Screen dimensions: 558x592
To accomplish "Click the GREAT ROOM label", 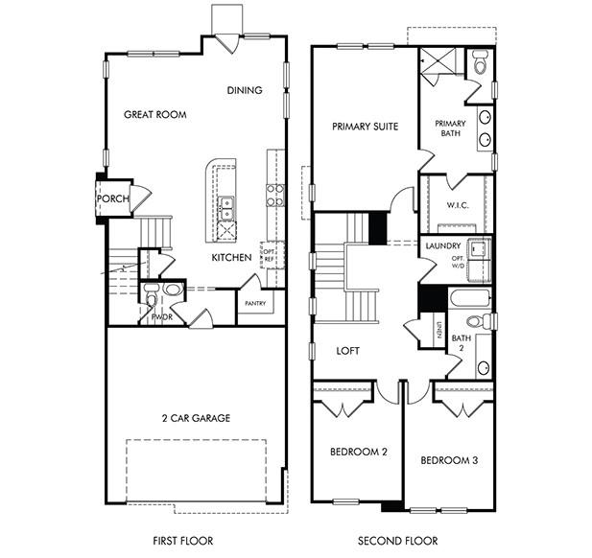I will pos(154,114).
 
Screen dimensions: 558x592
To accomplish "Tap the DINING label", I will pos(245,91).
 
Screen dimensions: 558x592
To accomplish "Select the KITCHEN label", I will pos(232,257).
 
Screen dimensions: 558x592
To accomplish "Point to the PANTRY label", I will pos(255,303).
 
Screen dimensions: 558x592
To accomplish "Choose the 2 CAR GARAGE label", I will pos(195,418).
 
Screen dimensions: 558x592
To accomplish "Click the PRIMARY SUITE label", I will pos(365,126).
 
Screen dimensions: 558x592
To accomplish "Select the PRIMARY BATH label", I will pos(450,128).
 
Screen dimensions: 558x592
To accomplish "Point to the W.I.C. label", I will pos(457,205).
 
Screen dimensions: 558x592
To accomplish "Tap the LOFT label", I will pos(348,351).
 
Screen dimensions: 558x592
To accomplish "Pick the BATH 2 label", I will pos(462,343).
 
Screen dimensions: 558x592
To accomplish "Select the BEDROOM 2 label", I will pos(358,451).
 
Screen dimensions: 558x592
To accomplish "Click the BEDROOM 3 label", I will pos(449,460).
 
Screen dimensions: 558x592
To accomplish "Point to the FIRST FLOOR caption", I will pos(182,540).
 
